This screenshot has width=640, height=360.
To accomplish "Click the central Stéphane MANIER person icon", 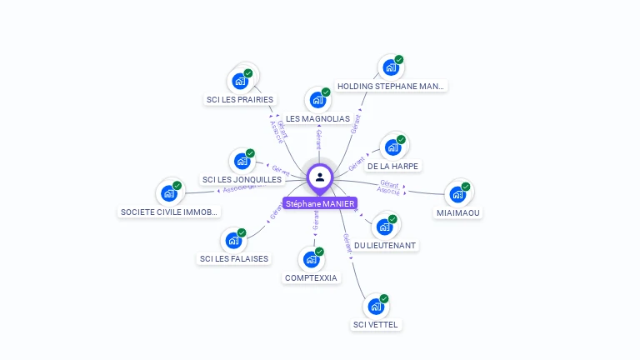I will (320, 177).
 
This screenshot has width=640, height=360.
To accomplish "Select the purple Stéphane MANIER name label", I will (320, 203).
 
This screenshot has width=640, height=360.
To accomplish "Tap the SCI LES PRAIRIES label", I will (239, 100).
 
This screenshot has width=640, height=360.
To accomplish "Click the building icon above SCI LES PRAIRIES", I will (240, 81).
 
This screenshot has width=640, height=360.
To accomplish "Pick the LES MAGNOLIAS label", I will (317, 119).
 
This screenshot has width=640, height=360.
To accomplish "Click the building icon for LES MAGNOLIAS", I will (317, 100).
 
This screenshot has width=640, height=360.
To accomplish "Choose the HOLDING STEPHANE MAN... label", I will (391, 86).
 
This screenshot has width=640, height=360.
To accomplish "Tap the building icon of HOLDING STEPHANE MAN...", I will (391, 67).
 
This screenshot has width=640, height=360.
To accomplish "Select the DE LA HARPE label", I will (393, 166).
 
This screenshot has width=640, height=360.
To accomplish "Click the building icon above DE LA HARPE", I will (392, 147).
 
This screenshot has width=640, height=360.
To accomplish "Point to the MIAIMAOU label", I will (458, 212).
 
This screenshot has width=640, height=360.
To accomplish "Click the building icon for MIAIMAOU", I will (457, 194).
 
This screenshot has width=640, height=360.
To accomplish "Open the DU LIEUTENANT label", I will (385, 246).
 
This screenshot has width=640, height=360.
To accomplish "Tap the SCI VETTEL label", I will (376, 325).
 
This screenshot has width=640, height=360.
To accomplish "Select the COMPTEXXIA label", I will (311, 277).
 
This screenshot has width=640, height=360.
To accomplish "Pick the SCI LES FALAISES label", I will (234, 258).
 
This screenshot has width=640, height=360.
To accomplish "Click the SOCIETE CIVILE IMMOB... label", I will (169, 212).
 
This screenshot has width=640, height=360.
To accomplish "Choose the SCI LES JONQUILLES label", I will (242, 179).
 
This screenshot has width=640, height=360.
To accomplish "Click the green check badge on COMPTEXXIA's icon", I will (319, 251).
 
